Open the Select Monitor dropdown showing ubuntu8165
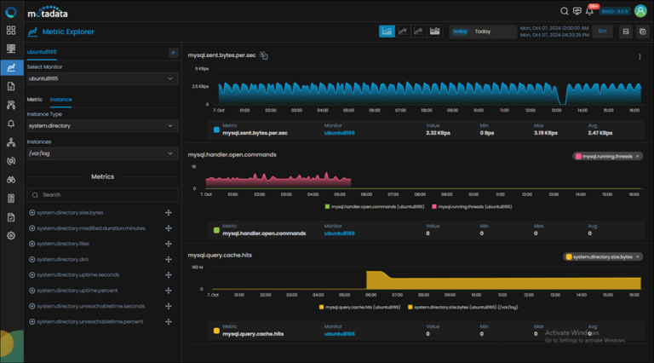pos(101,78)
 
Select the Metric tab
pos(35,100)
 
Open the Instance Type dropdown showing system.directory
pos(101,125)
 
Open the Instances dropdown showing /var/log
pos(101,154)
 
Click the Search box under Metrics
pos(101,194)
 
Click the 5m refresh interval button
pos(602,32)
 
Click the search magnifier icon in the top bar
pos(565,11)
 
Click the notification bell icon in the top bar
pos(590,11)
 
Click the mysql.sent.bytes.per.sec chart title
pos(221,55)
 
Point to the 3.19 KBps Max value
pos(546,133)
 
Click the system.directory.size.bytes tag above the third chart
pos(602,256)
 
